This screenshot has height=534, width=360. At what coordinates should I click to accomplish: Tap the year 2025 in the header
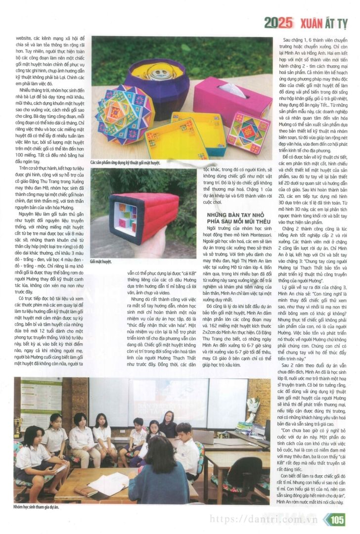click(x=279, y=22)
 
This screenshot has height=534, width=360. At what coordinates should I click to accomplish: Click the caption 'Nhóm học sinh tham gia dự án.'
click(x=36, y=507)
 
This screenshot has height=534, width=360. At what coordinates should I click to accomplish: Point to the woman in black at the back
click(x=167, y=423)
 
